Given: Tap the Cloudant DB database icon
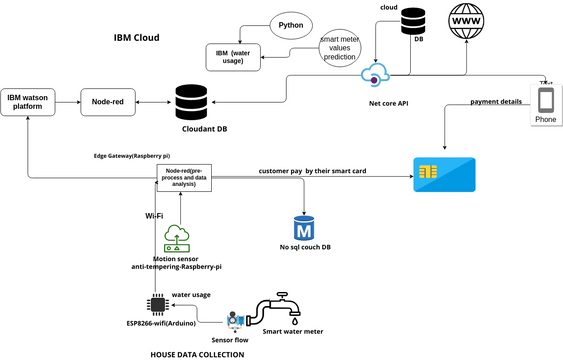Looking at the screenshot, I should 190,102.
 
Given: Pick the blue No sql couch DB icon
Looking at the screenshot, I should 303,226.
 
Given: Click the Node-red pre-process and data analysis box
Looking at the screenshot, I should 181,178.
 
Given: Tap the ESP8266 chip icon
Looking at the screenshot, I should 157,304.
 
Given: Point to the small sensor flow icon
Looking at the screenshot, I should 236,319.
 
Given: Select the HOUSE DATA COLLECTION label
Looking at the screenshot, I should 196,353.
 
